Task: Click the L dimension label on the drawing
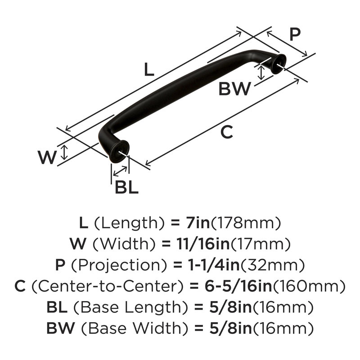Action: [x=149, y=69]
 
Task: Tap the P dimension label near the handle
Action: [x=295, y=35]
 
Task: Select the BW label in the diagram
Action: [x=234, y=89]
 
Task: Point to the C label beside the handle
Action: [x=227, y=132]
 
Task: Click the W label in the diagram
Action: [x=47, y=157]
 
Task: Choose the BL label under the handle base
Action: [x=126, y=187]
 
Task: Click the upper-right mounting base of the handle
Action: [x=279, y=64]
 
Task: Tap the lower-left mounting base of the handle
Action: [x=119, y=152]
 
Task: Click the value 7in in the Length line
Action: [x=198, y=223]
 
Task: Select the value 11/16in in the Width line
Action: [x=203, y=244]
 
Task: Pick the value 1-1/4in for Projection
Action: [x=213, y=265]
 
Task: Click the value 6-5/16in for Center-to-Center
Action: [x=238, y=286]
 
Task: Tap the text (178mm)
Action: [x=246, y=223]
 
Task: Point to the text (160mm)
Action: [x=309, y=287]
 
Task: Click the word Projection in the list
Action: [x=119, y=265]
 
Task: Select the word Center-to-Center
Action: [x=108, y=286]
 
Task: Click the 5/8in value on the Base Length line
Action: [x=230, y=307]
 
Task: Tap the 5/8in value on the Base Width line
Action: [x=230, y=328]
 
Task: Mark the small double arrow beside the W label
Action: [x=64, y=153]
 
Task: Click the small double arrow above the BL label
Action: [x=120, y=171]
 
